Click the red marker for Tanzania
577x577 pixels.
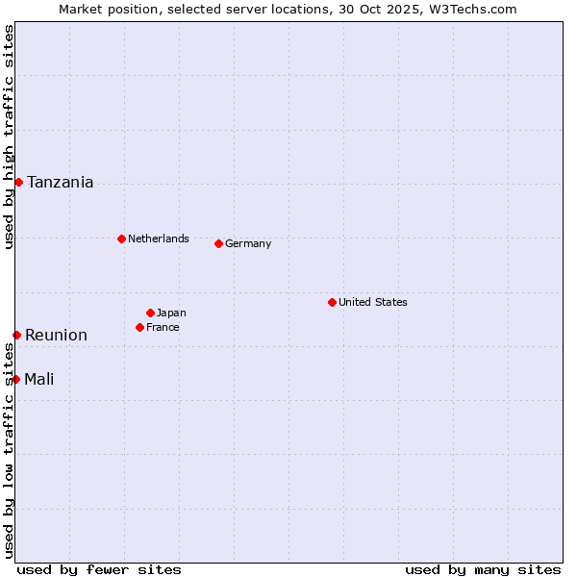(x=18, y=182)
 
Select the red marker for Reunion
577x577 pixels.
(x=16, y=335)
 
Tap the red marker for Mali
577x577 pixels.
(x=16, y=379)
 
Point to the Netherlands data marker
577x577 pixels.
(x=121, y=238)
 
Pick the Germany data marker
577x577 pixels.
(x=218, y=243)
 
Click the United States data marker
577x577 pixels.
(x=332, y=302)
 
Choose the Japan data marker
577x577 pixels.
(x=150, y=313)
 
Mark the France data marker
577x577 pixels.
(x=140, y=327)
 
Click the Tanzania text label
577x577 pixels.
(x=61, y=182)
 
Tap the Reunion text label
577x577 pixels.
(x=56, y=335)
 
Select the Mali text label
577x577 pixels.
(x=39, y=379)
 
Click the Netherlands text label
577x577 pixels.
(x=159, y=238)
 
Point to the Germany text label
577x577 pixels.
(x=248, y=243)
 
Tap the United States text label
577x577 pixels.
(x=373, y=302)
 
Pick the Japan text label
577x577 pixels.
(x=171, y=313)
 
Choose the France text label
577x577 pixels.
(x=163, y=327)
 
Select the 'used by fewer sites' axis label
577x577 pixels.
(x=99, y=569)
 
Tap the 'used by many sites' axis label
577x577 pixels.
(x=483, y=569)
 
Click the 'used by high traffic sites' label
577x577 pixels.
(x=9, y=137)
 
